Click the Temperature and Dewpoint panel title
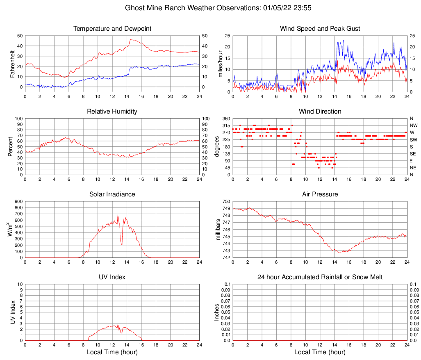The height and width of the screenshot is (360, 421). [112, 29]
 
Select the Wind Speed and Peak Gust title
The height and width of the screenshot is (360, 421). [320, 29]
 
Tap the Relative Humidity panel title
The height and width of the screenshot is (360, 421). [112, 112]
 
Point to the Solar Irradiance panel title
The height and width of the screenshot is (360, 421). [112, 194]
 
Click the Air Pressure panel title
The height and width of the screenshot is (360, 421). [320, 194]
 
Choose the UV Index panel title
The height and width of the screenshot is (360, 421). [112, 277]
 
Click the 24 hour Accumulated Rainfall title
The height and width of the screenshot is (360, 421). [320, 277]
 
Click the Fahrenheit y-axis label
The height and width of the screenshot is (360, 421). [12, 64]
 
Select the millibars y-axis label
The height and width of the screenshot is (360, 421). [218, 230]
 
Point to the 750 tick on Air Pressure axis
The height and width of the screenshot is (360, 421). [226, 201]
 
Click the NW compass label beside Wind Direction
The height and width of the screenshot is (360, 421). [413, 125]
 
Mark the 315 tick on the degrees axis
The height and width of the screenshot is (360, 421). [226, 125]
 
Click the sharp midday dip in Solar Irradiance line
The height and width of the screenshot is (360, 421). [122, 245]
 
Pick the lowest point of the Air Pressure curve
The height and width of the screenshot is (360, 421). [339, 253]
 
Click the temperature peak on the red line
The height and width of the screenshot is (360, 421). [131, 39]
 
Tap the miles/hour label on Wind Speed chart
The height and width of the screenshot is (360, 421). [220, 64]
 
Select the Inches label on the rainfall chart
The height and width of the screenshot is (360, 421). [217, 312]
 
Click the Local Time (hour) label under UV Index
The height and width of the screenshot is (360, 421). [112, 352]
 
